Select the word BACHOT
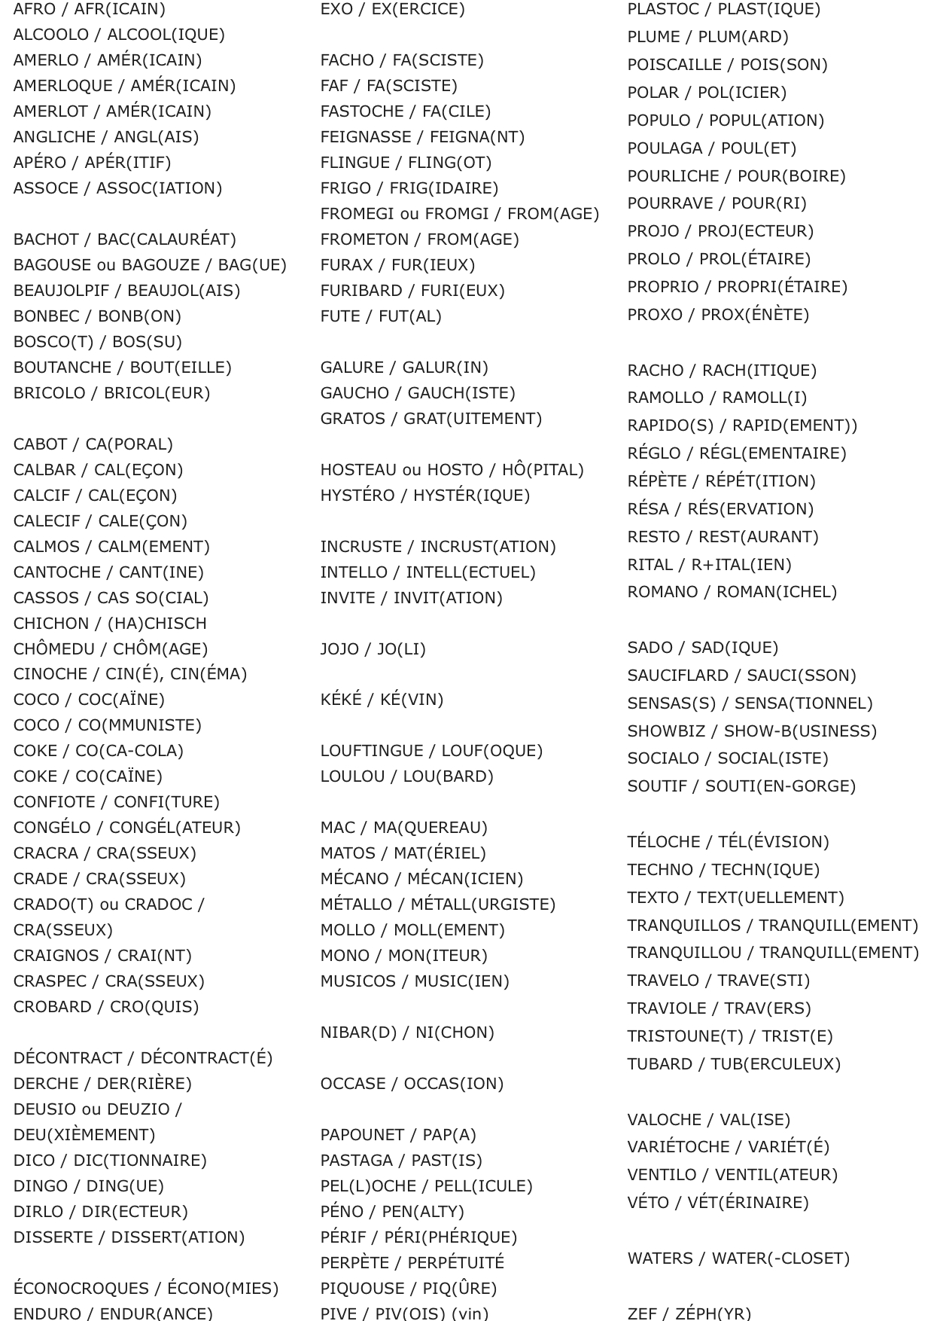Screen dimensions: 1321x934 (45, 239)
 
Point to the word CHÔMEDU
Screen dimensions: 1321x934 (53, 649)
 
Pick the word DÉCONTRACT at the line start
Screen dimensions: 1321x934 (68, 1058)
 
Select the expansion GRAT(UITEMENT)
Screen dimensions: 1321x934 (473, 419)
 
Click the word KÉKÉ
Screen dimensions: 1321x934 (341, 700)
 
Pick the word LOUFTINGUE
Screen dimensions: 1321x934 (373, 751)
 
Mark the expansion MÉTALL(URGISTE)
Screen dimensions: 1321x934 (481, 905)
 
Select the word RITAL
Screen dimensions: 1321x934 (650, 565)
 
